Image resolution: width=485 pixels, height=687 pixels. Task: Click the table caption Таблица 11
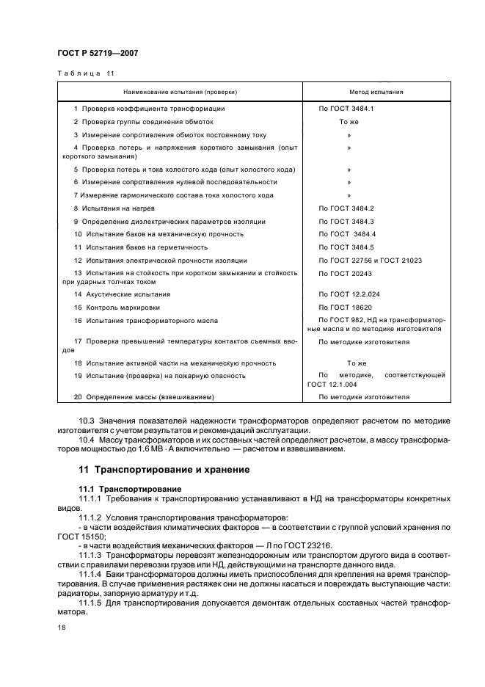(86, 73)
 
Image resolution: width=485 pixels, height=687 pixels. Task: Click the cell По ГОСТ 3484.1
(346, 109)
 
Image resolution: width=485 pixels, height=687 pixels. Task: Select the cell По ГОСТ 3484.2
(346, 208)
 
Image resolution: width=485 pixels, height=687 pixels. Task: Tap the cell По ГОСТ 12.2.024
(347, 294)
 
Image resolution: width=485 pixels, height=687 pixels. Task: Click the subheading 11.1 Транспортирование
(125, 488)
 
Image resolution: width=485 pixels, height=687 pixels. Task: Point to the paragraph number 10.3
(87, 421)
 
